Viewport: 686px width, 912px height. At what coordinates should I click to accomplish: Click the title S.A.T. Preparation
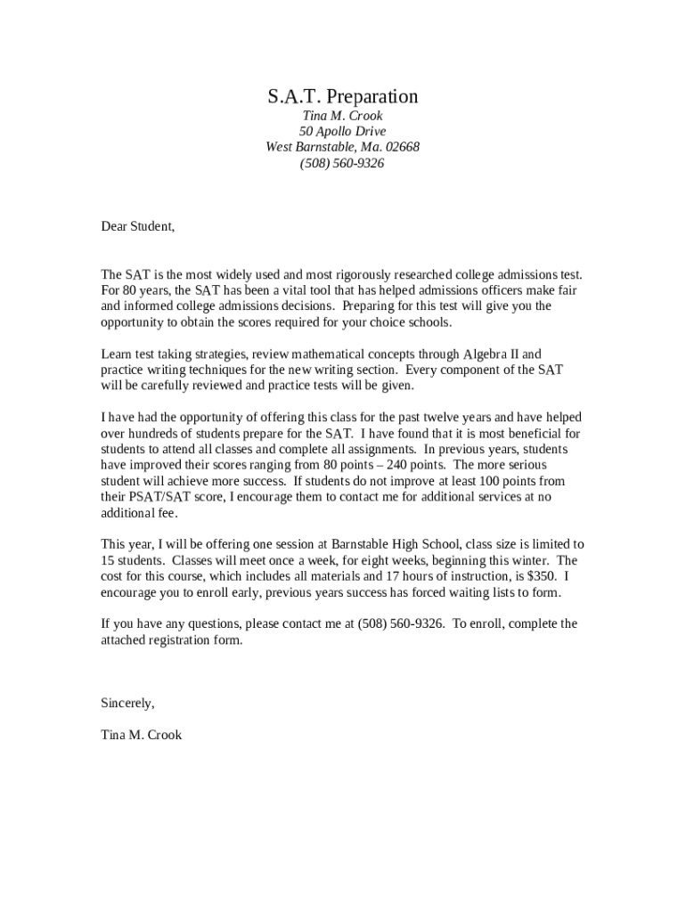click(x=343, y=96)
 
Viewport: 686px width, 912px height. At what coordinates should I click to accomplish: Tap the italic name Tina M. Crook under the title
click(x=343, y=117)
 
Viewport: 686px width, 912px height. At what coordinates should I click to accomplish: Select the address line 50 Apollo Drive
click(x=343, y=132)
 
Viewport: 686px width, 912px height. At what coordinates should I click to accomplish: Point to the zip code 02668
click(x=403, y=147)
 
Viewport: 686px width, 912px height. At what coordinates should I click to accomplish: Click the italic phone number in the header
click(x=343, y=163)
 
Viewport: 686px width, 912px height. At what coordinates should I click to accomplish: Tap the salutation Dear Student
click(x=137, y=226)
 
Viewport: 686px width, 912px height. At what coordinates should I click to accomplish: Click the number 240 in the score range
click(x=388, y=465)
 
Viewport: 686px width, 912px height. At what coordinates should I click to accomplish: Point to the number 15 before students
click(x=108, y=560)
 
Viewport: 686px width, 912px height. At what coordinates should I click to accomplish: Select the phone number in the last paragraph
click(x=400, y=623)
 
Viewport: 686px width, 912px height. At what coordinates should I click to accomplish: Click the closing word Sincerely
click(x=127, y=703)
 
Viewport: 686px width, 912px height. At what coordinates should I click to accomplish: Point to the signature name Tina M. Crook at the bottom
click(x=141, y=735)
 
